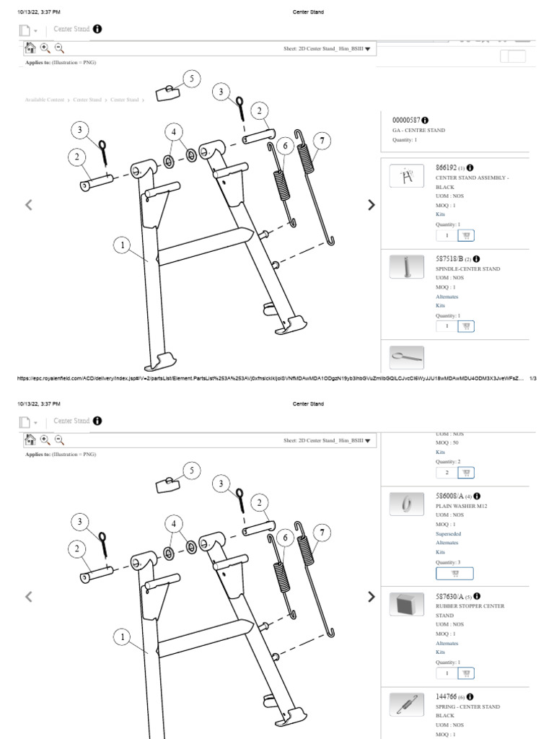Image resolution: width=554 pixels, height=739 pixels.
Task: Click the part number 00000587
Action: click(405, 119)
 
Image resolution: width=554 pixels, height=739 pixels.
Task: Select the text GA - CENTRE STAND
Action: click(418, 131)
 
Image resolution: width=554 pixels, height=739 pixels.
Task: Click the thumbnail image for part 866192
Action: click(406, 176)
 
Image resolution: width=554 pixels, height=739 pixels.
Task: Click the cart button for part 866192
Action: click(467, 235)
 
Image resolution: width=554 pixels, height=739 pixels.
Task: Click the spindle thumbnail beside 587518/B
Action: click(406, 266)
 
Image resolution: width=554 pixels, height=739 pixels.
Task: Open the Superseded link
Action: click(448, 534)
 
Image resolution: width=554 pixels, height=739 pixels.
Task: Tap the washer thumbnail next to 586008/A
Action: click(406, 504)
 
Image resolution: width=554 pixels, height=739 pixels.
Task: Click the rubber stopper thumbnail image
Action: click(406, 604)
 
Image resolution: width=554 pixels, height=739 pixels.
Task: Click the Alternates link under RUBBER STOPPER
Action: click(447, 643)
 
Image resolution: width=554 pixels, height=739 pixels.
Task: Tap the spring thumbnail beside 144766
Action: click(406, 704)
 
